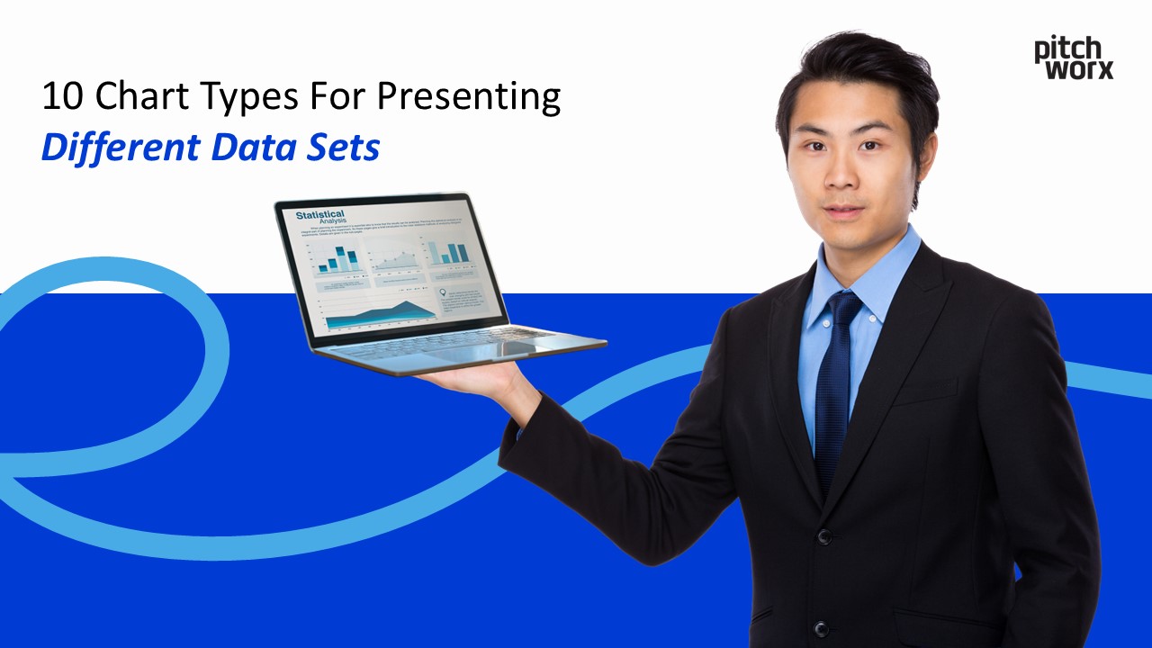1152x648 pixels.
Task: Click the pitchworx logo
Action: click(1073, 58)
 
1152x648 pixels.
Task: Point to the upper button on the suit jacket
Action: click(823, 536)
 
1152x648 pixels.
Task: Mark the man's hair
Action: click(855, 72)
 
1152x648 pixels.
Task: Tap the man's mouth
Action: click(845, 211)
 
